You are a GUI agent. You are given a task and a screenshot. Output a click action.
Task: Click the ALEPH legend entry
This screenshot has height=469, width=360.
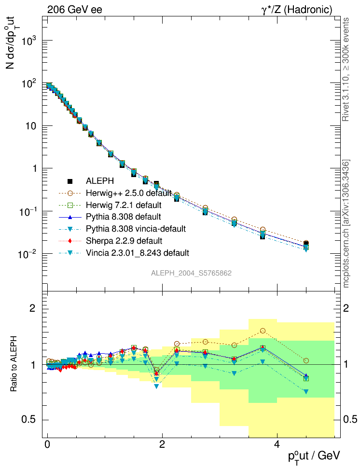(100, 181)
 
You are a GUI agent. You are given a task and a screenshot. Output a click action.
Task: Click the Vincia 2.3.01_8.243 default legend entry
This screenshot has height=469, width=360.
(138, 252)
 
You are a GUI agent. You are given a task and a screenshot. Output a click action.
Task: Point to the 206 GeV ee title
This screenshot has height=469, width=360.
(74, 10)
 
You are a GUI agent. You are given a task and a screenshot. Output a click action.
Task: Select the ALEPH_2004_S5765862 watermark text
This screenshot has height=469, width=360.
(192, 273)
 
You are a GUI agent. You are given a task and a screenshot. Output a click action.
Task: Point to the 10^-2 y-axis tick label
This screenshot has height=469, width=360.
(28, 254)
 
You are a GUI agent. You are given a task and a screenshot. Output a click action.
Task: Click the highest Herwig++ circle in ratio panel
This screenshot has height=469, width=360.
(263, 331)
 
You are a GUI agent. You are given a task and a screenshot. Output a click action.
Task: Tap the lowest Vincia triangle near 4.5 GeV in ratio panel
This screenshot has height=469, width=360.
(306, 392)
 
